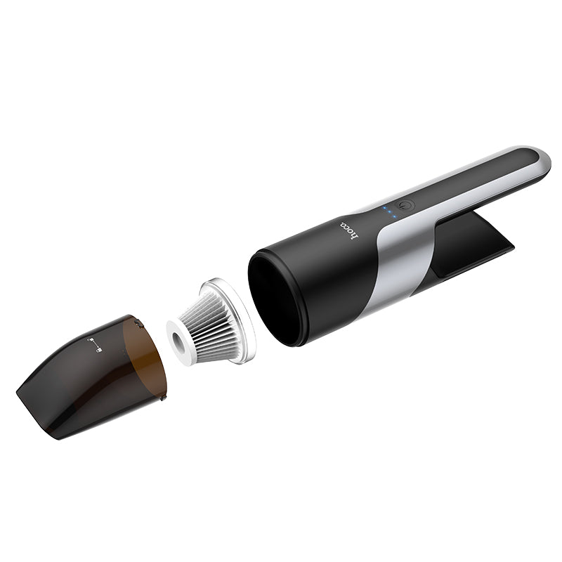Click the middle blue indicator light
pos(391,212)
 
